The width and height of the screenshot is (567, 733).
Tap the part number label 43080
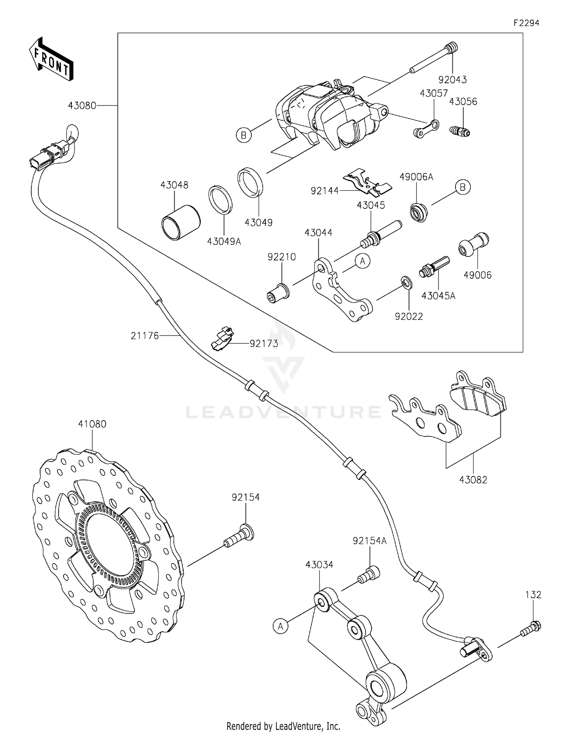click(x=82, y=106)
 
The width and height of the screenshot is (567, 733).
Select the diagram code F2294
click(x=526, y=23)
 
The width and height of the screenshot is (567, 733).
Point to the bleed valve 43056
click(x=460, y=131)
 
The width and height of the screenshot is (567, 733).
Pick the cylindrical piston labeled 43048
click(x=180, y=222)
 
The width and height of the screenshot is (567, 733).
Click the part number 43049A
click(x=224, y=241)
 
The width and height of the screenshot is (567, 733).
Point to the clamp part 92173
click(x=222, y=339)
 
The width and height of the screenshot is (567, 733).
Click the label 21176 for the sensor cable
click(x=145, y=335)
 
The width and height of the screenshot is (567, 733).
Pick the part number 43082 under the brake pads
click(x=473, y=480)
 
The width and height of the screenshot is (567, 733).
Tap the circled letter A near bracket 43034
click(x=280, y=626)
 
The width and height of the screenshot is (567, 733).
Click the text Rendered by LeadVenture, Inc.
click(x=283, y=726)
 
